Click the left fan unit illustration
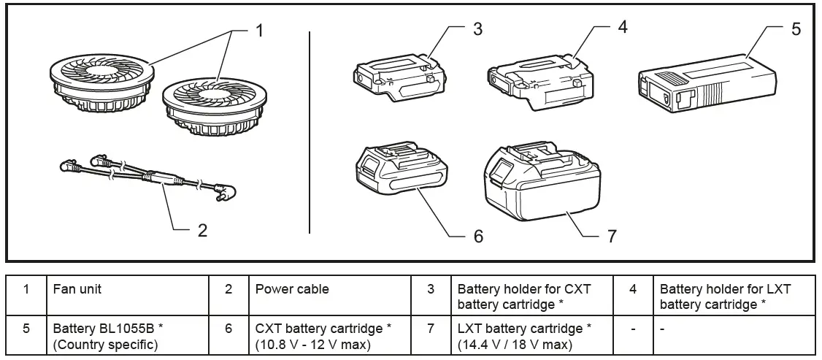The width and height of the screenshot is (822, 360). [102, 84]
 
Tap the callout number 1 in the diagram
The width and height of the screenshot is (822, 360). [259, 31]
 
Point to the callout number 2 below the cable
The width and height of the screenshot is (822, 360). [202, 230]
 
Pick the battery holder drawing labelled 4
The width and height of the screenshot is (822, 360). [537, 83]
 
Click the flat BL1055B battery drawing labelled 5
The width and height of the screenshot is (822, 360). [707, 83]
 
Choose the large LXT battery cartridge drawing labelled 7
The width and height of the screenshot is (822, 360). [542, 181]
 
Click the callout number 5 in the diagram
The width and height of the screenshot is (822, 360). [796, 28]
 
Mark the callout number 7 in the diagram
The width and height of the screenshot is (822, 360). [612, 237]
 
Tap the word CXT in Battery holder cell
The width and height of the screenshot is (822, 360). [577, 288]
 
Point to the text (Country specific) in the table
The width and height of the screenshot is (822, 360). [105, 344]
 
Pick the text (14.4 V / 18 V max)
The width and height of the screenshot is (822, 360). [514, 344]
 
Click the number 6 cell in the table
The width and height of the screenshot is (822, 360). [228, 329]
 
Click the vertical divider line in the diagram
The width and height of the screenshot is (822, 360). [310, 133]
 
